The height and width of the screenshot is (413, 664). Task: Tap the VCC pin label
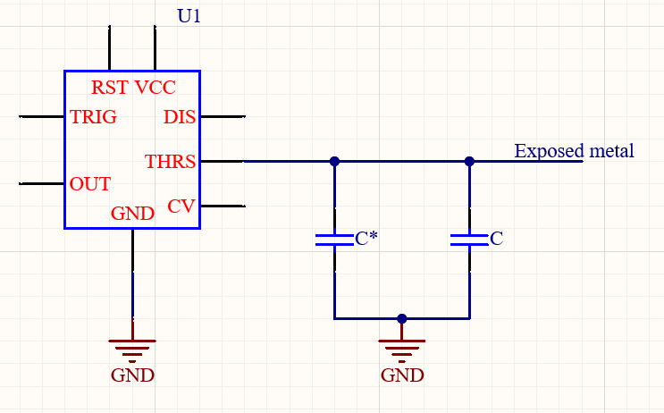coord(155,88)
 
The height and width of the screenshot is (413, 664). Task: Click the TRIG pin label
coord(94,117)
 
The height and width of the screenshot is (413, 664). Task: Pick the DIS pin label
coord(180,117)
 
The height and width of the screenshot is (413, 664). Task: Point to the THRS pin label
coord(170,162)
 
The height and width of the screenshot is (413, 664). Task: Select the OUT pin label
coord(90,184)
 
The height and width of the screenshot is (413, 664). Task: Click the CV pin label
coord(181,206)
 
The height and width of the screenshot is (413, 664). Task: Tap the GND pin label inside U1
coord(132,214)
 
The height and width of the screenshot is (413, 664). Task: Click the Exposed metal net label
coord(574,150)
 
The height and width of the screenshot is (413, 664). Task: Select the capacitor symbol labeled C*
coord(334,240)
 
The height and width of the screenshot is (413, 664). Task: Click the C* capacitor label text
coord(366,239)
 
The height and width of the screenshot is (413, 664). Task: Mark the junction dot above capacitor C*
coord(334,162)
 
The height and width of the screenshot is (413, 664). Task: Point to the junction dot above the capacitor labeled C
coord(469,162)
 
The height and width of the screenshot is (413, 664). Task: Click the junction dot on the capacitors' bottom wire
coord(402,318)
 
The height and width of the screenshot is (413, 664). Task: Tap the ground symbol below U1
coord(132,348)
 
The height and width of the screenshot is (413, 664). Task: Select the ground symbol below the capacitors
coord(402,348)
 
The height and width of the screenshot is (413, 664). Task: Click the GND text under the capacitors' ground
coord(402,375)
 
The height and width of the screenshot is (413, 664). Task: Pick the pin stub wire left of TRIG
coord(41,116)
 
